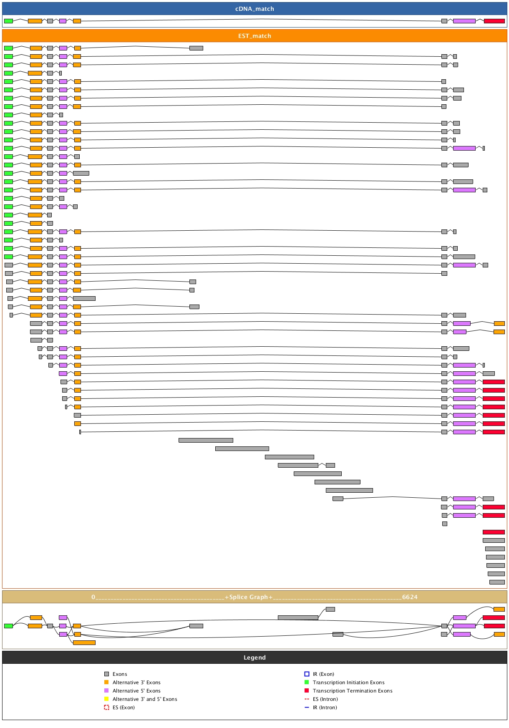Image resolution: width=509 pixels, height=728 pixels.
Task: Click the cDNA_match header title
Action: [254, 9]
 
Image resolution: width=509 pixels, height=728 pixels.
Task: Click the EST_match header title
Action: [254, 36]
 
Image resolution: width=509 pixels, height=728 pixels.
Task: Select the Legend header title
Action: [254, 657]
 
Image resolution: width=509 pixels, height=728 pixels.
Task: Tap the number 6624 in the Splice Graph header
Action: [410, 597]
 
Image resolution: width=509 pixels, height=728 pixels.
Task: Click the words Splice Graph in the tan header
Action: [249, 597]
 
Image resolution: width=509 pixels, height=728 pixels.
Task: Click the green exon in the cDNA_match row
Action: [8, 21]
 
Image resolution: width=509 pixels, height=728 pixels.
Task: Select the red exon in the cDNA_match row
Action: [494, 21]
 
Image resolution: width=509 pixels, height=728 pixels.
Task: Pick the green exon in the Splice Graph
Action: [8, 626]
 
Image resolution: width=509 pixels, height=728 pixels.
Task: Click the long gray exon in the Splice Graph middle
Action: [298, 617]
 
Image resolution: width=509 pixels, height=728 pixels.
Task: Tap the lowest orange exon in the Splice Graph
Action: [84, 642]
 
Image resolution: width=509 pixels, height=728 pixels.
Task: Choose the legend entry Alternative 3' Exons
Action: [136, 683]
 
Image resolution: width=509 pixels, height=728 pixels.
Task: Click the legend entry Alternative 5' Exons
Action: [136, 691]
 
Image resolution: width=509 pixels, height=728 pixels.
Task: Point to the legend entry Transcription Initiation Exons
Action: [348, 683]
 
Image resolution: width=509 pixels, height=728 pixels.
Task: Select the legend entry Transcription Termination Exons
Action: [353, 691]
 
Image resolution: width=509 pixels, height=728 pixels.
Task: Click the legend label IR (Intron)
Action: [325, 708]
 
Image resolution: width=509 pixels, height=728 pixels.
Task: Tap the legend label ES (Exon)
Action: [123, 708]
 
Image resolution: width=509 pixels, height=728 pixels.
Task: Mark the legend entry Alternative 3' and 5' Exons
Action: [145, 699]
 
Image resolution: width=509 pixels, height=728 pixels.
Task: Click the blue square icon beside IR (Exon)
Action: [307, 674]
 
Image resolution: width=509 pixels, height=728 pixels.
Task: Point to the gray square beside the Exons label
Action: [106, 674]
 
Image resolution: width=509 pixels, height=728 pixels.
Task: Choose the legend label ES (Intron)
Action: [325, 699]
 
